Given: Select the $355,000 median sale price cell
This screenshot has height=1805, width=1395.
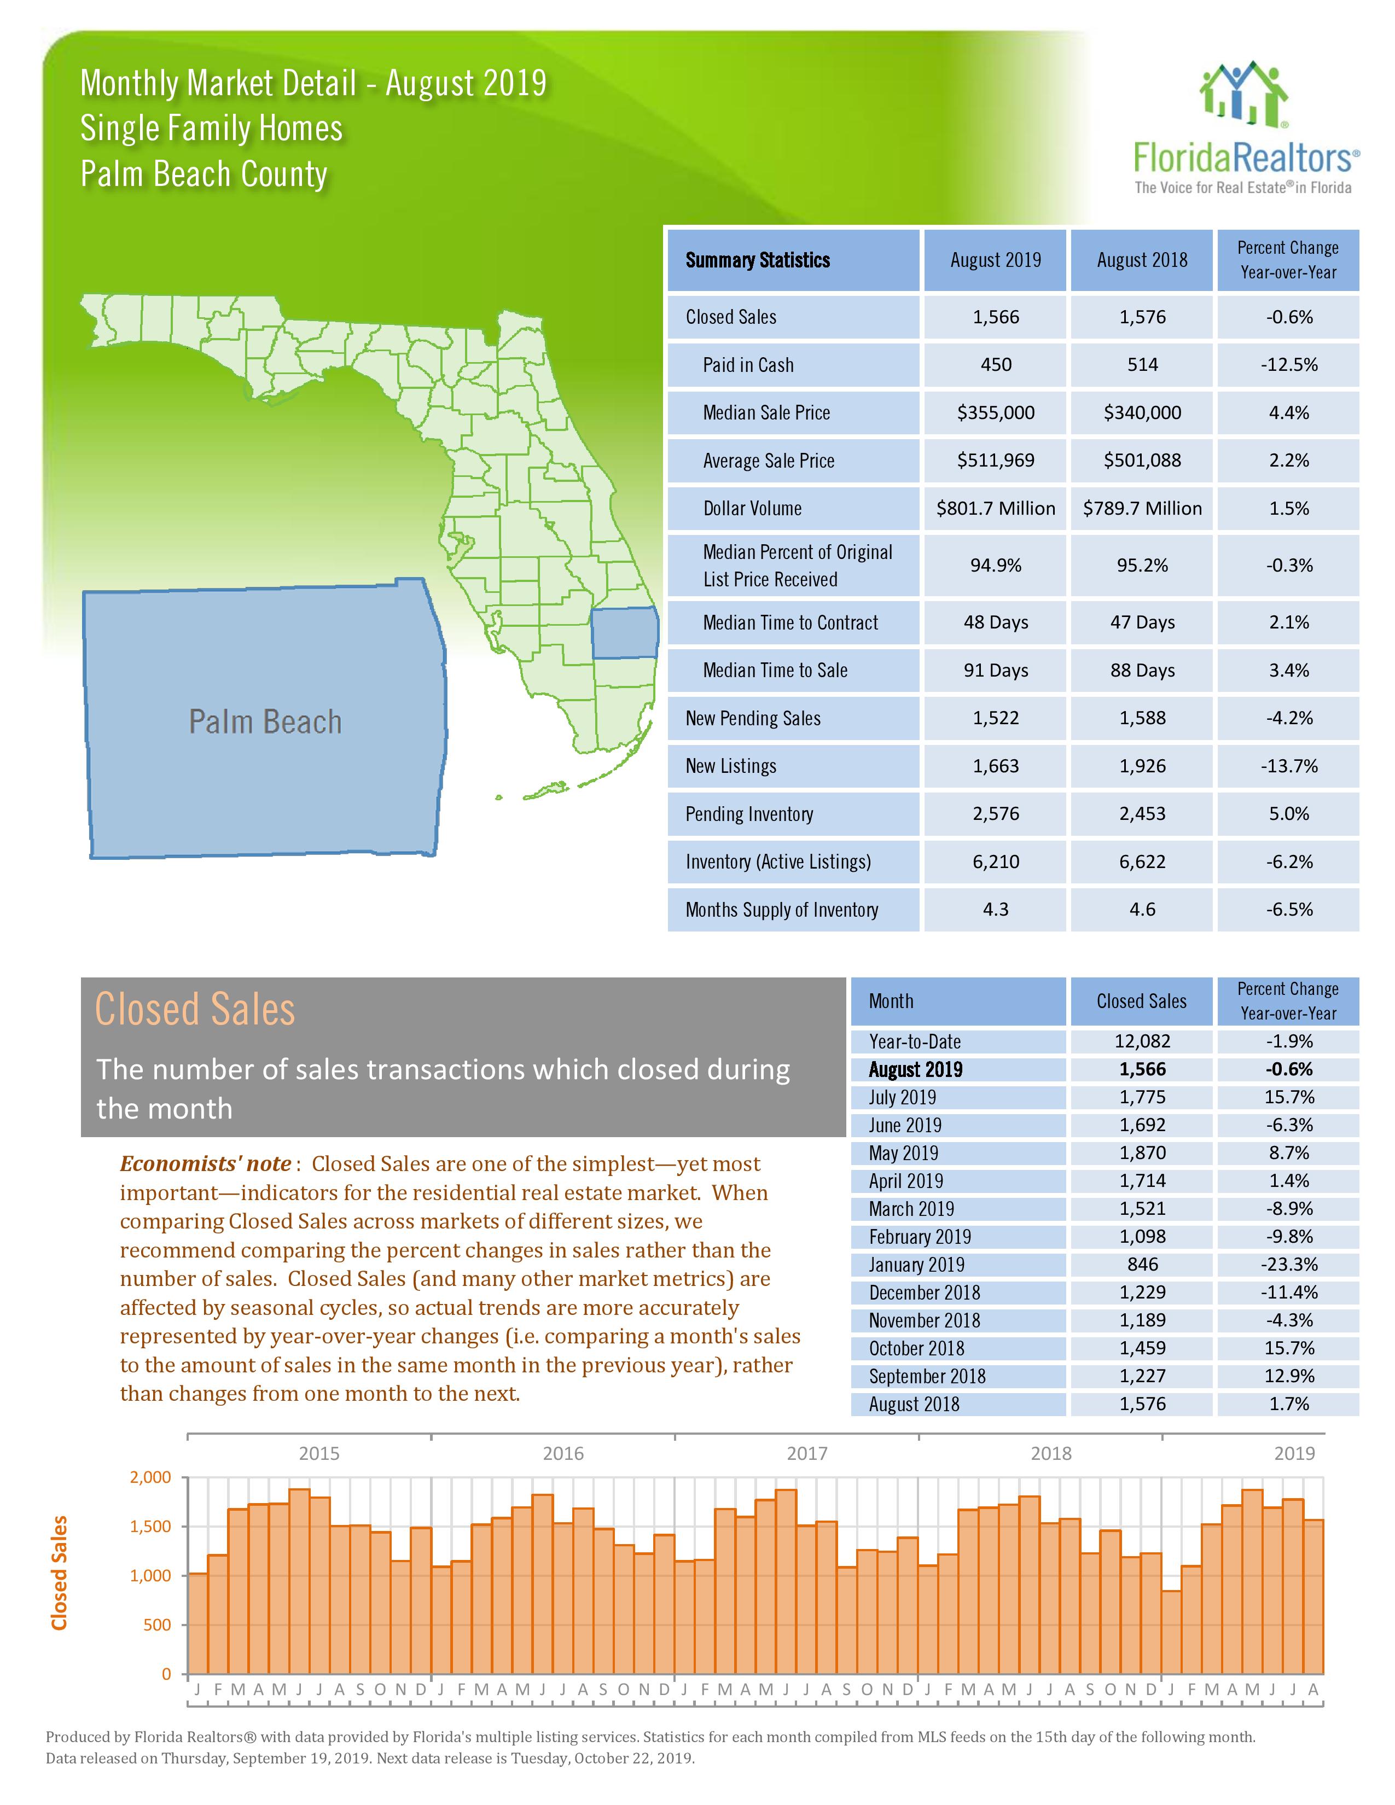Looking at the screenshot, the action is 995,412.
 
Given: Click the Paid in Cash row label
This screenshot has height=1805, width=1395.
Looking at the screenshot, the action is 748,364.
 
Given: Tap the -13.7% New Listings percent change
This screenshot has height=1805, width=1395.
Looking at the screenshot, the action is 1288,766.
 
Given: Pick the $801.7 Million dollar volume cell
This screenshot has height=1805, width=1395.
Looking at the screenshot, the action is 995,508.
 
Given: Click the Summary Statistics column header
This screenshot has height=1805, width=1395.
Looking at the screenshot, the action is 758,260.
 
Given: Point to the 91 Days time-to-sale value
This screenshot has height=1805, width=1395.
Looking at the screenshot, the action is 995,670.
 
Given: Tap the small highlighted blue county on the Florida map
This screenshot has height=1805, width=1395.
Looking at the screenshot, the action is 625,632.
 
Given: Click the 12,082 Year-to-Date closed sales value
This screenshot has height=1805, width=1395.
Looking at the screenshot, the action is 1142,1041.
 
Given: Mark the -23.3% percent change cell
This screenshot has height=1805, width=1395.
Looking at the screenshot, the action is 1288,1265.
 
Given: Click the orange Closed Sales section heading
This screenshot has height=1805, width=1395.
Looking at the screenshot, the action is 195,1009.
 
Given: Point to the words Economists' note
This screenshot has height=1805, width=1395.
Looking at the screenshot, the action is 205,1163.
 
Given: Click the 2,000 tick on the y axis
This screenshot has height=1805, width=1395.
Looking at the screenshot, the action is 150,1477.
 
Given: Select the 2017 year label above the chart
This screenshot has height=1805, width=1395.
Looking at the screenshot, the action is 806,1453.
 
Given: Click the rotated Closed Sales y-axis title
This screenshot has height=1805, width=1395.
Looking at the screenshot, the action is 59,1573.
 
